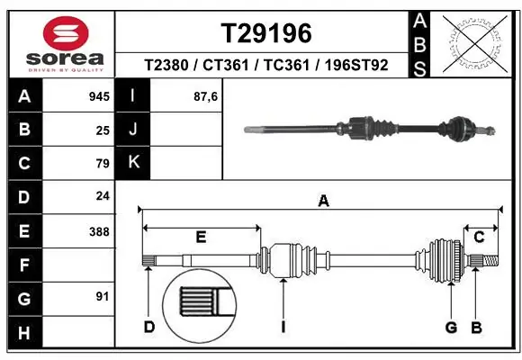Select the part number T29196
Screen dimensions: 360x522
266,33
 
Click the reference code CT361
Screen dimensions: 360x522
227,66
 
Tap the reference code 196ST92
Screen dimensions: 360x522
357,66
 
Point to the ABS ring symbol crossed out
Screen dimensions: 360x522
473,42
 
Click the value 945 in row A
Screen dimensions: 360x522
99,96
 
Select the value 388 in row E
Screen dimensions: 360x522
99,231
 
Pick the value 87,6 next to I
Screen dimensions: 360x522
206,96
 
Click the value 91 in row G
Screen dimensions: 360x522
103,295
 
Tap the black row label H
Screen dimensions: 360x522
23,333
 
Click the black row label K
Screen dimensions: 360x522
133,162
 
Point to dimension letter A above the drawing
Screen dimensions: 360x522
323,202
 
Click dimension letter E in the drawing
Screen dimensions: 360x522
201,238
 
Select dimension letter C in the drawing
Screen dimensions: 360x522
480,238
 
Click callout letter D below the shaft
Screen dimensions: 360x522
149,327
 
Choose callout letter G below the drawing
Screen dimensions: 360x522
451,327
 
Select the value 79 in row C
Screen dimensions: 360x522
103,163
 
